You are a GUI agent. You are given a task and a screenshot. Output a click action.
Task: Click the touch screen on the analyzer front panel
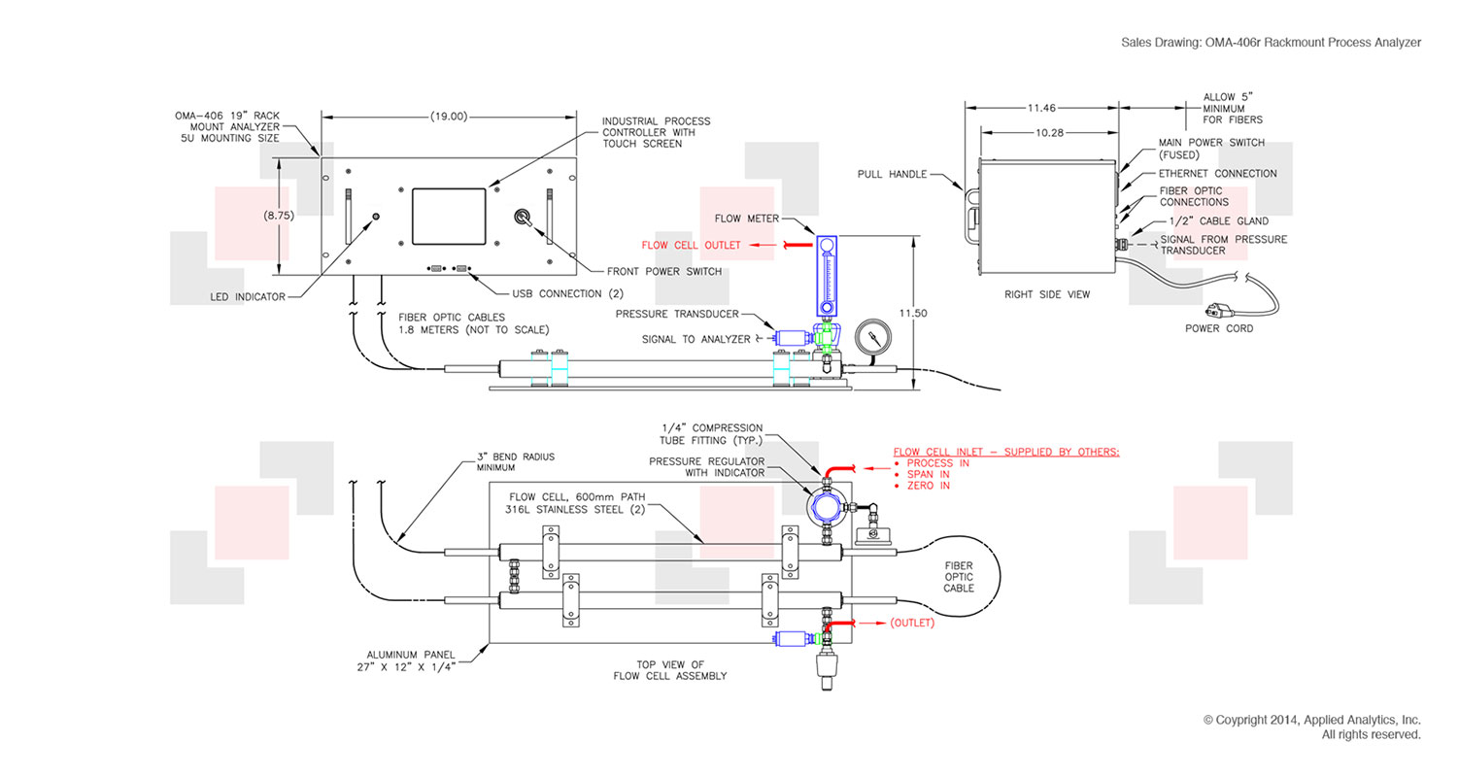(x=448, y=216)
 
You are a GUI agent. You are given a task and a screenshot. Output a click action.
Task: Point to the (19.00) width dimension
(x=448, y=116)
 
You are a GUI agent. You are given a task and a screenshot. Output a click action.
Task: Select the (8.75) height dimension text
(x=279, y=216)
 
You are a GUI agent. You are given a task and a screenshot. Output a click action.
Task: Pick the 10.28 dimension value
(x=1048, y=131)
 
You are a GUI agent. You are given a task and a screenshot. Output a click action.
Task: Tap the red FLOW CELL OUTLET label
(x=691, y=245)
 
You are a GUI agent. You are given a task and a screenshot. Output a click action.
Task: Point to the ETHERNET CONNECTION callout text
(x=1218, y=174)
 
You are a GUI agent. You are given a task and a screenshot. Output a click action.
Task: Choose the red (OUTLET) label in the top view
(x=911, y=623)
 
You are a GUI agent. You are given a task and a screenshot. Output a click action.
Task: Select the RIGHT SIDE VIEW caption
(x=1047, y=293)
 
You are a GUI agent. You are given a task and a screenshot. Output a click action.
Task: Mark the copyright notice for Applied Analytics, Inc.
(x=1311, y=720)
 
